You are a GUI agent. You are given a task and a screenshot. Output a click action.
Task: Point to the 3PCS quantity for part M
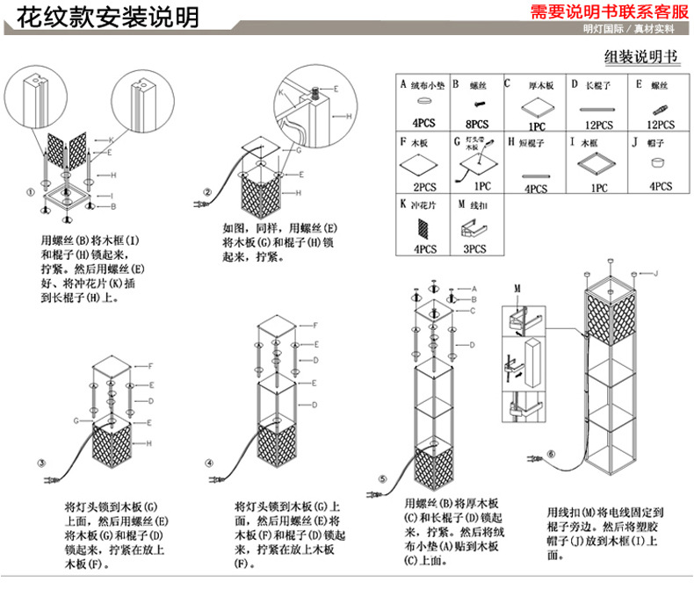coord(474,249)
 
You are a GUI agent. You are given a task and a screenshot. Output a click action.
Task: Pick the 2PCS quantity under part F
coord(424,187)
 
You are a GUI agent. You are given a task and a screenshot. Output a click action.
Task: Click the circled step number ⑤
coord(382,478)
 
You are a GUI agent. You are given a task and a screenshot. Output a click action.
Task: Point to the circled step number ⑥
coord(550,454)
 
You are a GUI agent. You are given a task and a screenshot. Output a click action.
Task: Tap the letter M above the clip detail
coord(517,288)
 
